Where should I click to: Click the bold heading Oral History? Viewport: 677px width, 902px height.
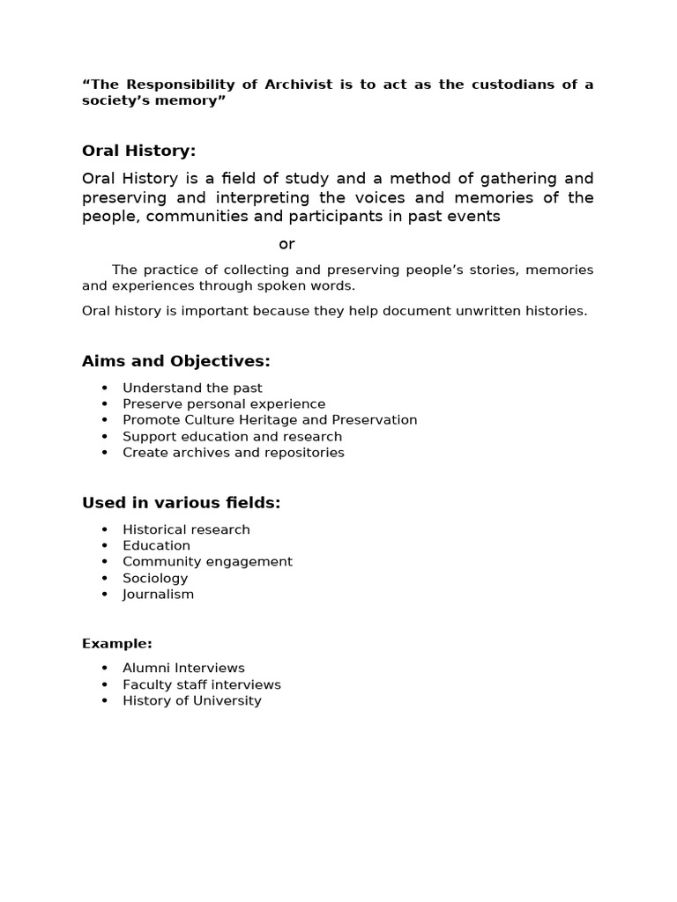pyautogui.click(x=138, y=151)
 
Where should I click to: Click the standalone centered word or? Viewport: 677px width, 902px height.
pyautogui.click(x=286, y=244)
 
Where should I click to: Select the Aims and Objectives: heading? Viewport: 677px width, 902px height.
pyautogui.click(x=176, y=361)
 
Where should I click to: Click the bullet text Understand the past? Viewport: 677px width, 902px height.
pyautogui.click(x=192, y=388)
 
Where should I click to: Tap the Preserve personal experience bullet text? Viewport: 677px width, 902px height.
pyautogui.click(x=224, y=404)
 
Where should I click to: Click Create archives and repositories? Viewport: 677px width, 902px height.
pyautogui.click(x=234, y=453)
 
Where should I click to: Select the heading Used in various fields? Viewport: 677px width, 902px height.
pyautogui.click(x=181, y=503)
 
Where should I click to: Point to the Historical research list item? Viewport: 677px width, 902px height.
pyautogui.click(x=186, y=529)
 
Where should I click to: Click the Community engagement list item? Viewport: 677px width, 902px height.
pyautogui.click(x=207, y=562)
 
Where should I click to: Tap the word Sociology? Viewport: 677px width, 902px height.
pyautogui.click(x=155, y=578)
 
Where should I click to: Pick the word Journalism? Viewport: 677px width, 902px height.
pyautogui.click(x=158, y=594)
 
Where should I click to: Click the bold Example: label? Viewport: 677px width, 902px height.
pyautogui.click(x=117, y=644)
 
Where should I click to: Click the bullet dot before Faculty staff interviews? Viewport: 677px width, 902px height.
pyautogui.click(x=105, y=684)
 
